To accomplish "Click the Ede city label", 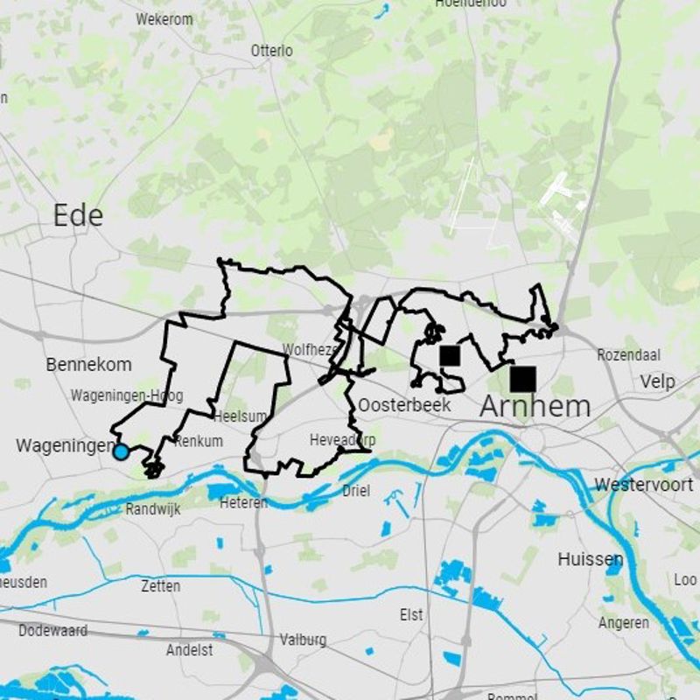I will [x=78, y=215].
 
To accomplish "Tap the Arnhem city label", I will [x=535, y=406].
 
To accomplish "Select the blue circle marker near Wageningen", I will [x=121, y=452].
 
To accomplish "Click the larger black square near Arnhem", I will [x=523, y=379].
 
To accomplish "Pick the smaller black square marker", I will [x=450, y=355].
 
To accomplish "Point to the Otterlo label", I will [x=272, y=51].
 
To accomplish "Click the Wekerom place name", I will [x=164, y=18].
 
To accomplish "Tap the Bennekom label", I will [x=89, y=364].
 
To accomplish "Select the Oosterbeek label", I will [x=404, y=405].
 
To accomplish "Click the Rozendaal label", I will [x=628, y=355].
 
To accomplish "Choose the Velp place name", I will [x=657, y=381].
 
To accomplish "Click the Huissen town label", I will [x=591, y=559].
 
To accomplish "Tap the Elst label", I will [x=411, y=615].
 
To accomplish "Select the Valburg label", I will [x=303, y=640].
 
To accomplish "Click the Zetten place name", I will [x=160, y=586].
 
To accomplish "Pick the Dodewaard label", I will [x=52, y=630].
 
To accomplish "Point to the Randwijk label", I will [x=153, y=509].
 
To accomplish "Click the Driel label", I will [x=356, y=490].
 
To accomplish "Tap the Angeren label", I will [x=624, y=623].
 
